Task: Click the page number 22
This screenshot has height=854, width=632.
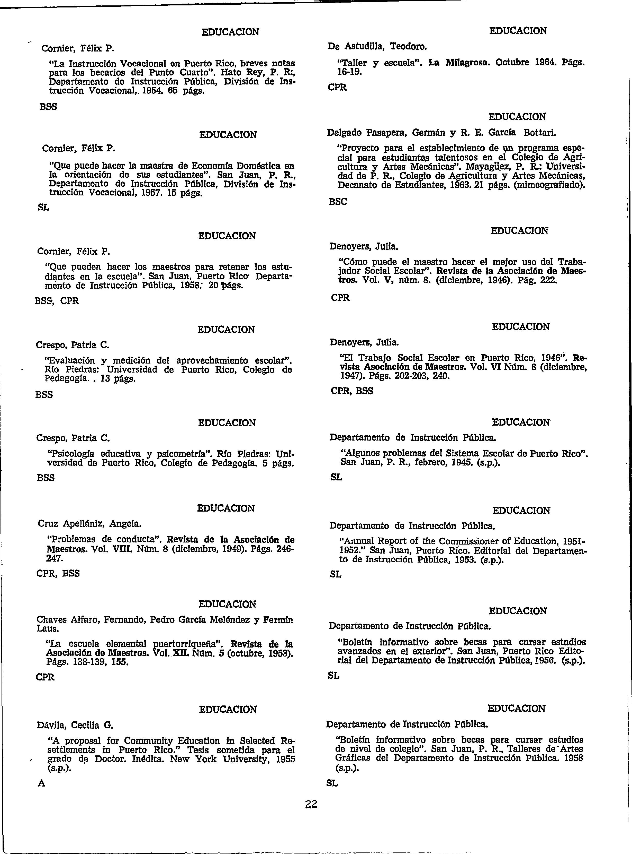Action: tap(311, 804)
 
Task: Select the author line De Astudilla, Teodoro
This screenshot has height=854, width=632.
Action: tap(377, 47)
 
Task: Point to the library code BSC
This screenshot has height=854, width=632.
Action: tap(338, 202)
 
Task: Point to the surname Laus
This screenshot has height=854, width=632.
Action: tap(47, 628)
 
